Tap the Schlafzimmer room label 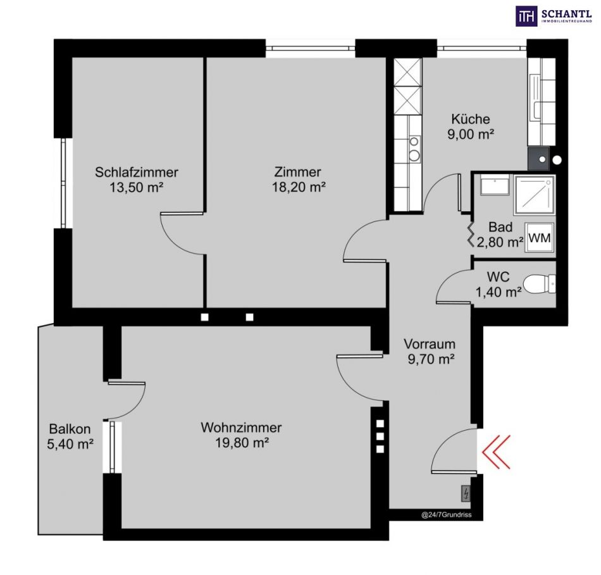(x=137, y=172)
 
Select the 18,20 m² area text (x=299, y=187)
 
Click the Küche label (x=470, y=119)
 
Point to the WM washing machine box (x=539, y=238)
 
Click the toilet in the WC (x=539, y=284)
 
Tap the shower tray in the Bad (x=535, y=195)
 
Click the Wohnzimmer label (x=241, y=428)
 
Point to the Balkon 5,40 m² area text (x=70, y=444)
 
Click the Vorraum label (x=430, y=344)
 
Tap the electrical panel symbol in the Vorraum (x=466, y=493)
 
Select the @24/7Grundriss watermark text (x=447, y=515)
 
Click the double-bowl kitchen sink (x=414, y=149)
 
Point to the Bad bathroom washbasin (x=495, y=185)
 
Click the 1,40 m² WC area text (x=499, y=292)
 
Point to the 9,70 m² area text (x=431, y=359)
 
